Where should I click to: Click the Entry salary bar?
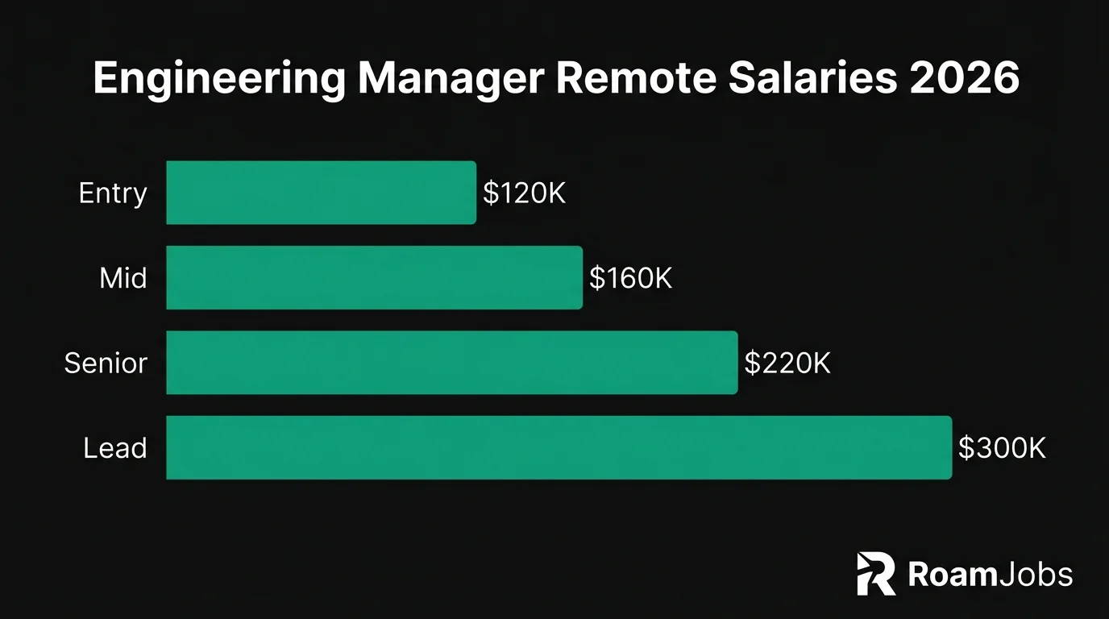coord(321,193)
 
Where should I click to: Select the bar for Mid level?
coord(374,277)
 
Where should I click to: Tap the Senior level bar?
coord(451,363)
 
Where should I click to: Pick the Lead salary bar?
coord(559,447)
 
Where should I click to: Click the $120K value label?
coord(524,193)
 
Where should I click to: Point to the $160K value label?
coord(630,278)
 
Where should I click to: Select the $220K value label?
coord(787,364)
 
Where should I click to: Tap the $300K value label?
coord(1002,448)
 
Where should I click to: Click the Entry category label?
coord(113,193)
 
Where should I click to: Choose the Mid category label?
coord(123,278)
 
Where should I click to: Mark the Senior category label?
coord(106,364)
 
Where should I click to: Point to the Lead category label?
coord(115,448)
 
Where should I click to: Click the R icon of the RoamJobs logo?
coord(876,574)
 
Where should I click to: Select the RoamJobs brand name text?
coord(990,575)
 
